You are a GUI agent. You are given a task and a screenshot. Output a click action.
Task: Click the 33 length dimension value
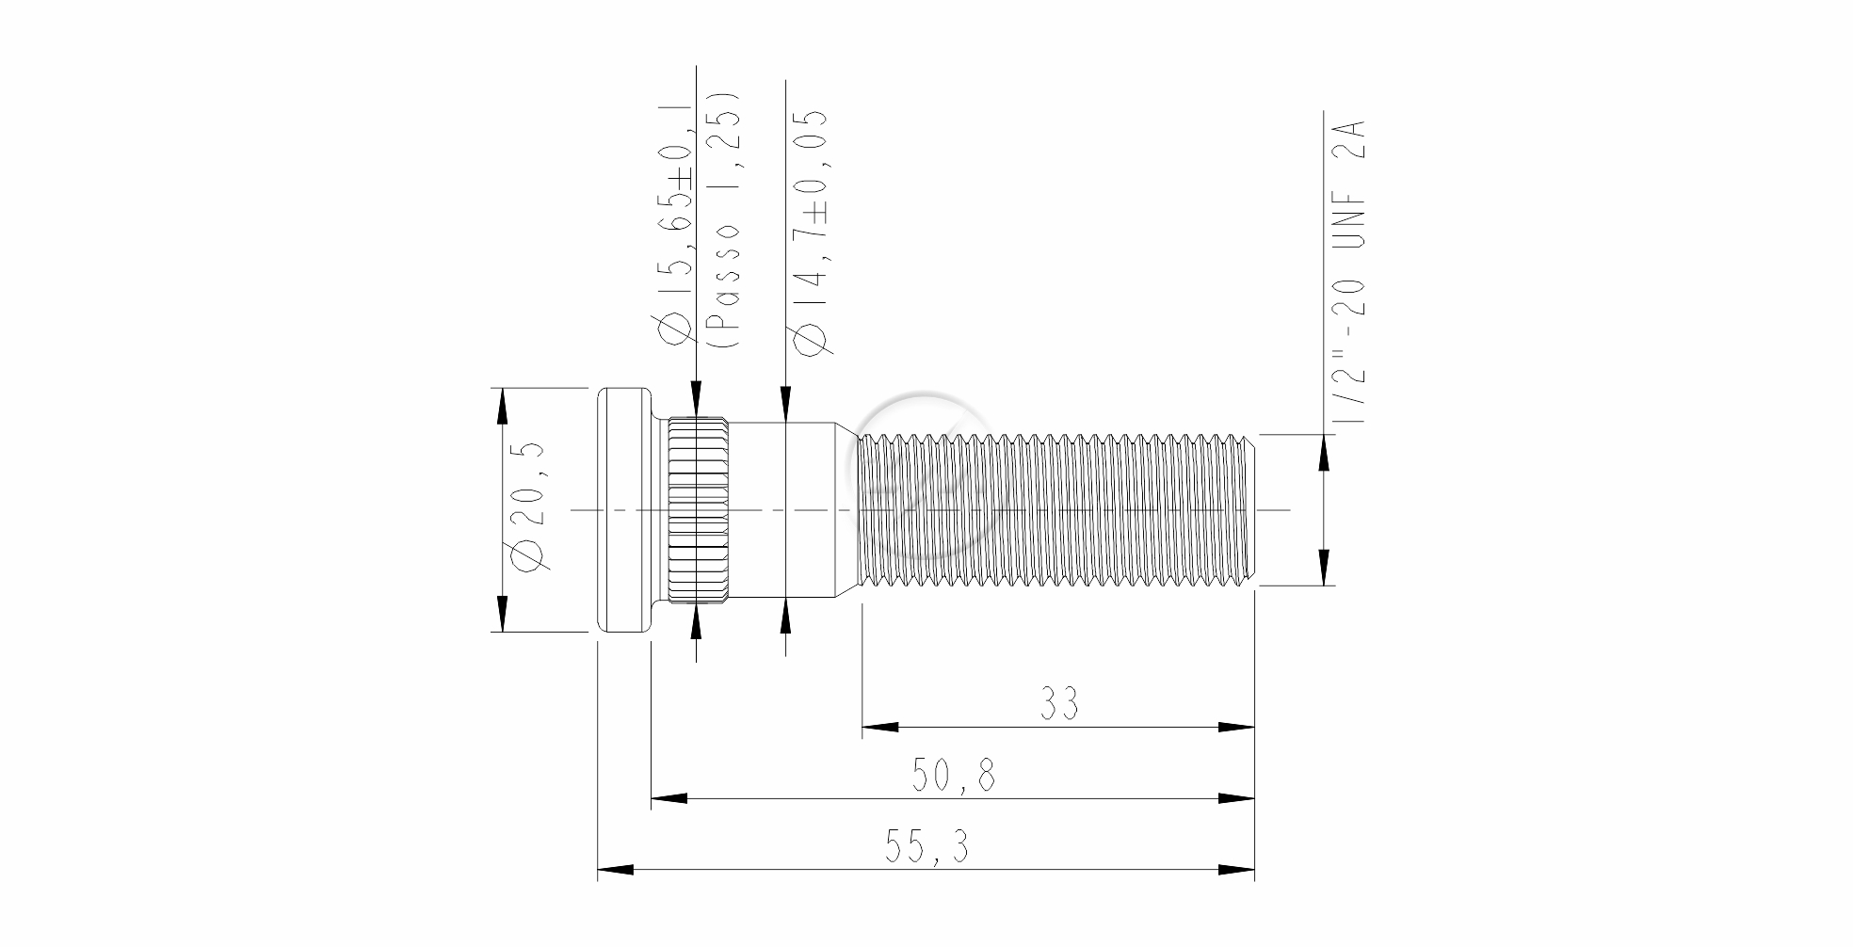(1059, 703)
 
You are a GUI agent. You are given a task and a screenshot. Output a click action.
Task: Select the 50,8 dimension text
(953, 776)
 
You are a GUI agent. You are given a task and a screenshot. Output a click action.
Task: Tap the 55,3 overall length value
(926, 848)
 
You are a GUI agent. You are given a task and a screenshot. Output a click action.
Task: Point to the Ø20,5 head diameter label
(529, 506)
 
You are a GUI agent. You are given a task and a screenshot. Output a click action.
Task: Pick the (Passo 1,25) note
(725, 221)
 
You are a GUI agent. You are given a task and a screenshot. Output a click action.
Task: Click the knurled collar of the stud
(698, 509)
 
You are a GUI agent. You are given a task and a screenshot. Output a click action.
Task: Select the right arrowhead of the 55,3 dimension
(1236, 870)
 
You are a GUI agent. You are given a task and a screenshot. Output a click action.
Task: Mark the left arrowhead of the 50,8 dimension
(669, 799)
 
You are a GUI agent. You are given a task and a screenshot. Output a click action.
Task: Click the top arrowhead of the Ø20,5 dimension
(503, 406)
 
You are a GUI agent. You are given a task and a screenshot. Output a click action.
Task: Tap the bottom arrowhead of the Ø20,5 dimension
(503, 613)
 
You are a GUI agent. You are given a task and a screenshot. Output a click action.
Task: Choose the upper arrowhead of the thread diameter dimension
(1325, 453)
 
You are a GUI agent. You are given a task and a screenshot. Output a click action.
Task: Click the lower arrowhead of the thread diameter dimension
(1325, 567)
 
